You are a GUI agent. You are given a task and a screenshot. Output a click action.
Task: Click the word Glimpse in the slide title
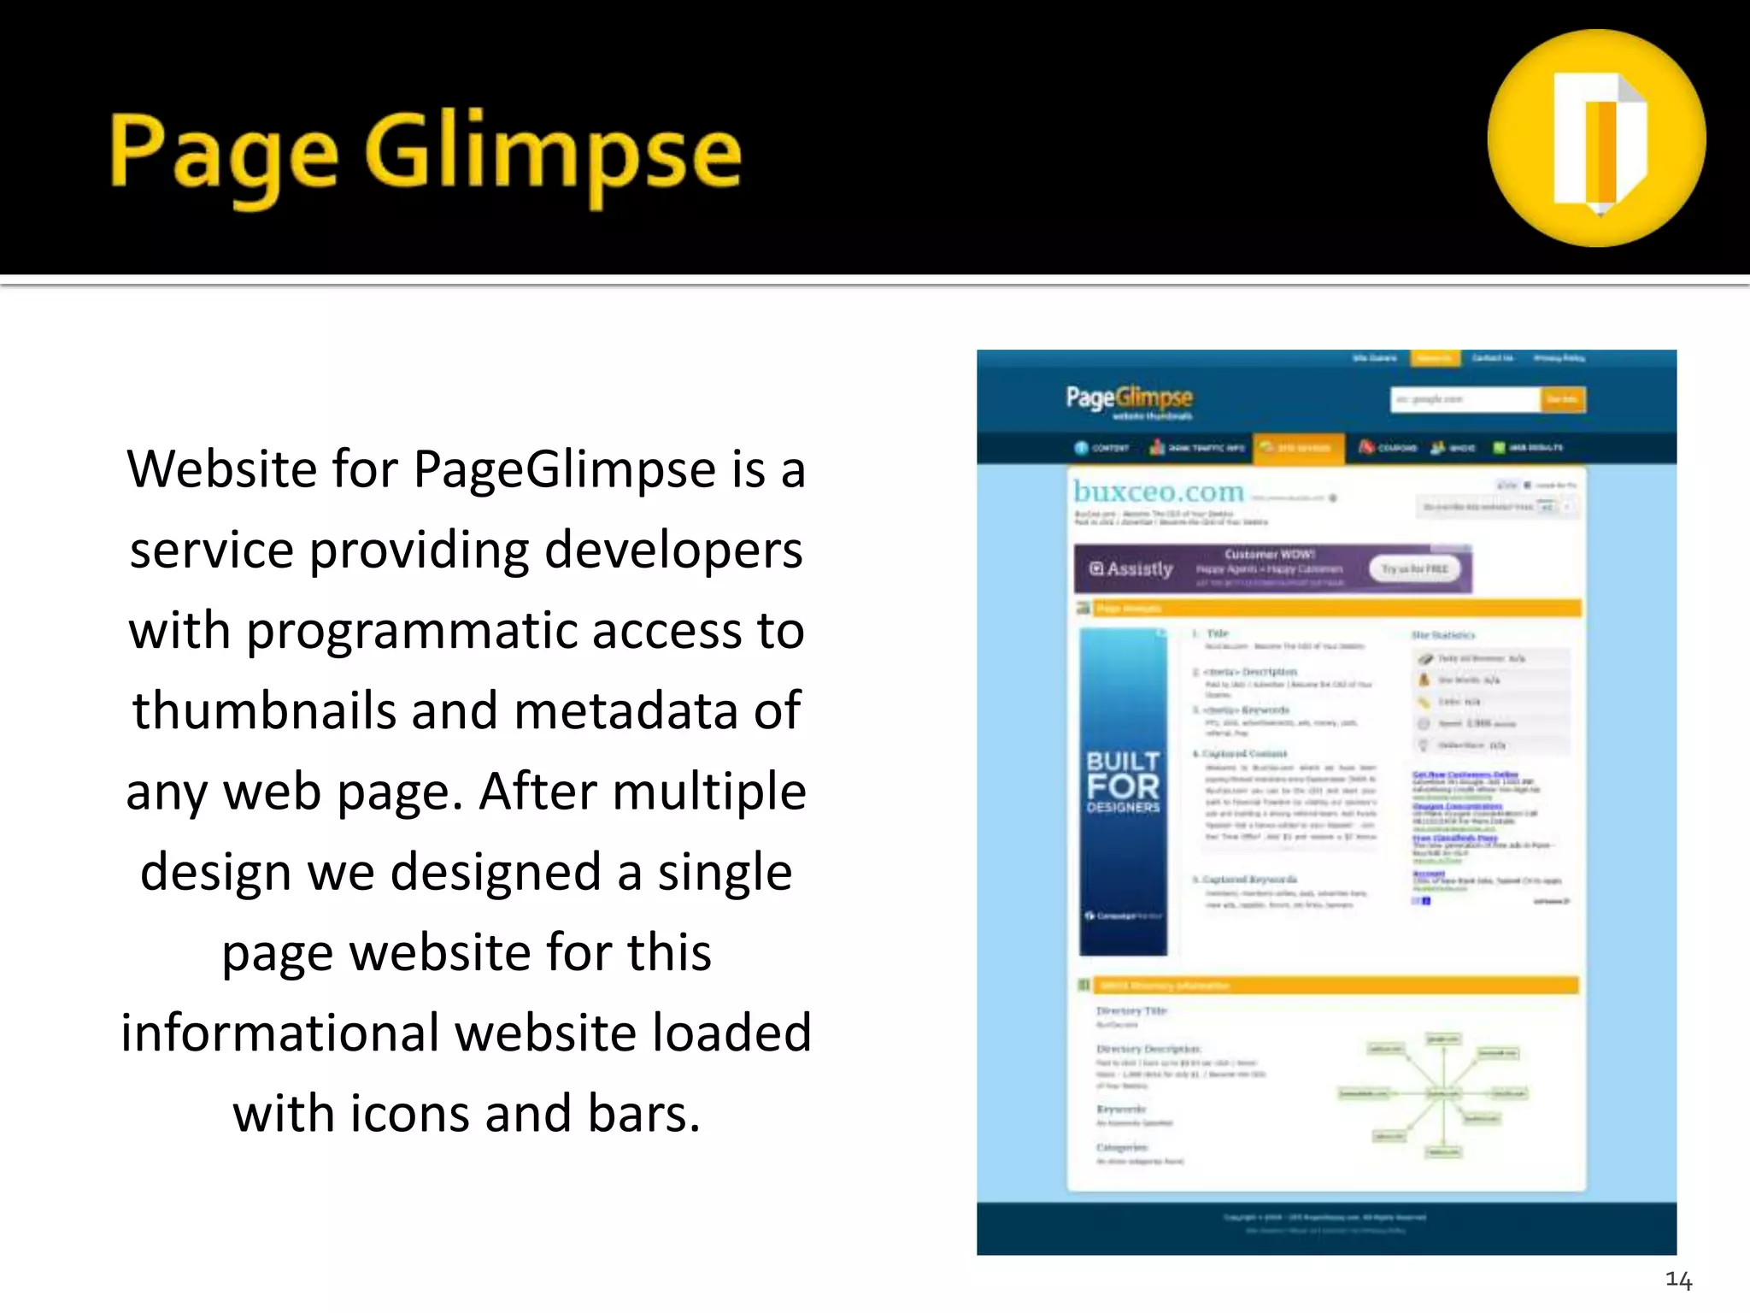[x=553, y=154]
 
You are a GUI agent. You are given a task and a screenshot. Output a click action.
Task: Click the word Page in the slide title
[x=224, y=154]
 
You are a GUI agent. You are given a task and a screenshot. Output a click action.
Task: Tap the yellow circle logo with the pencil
[x=1596, y=138]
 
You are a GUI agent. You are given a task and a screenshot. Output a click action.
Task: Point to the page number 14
[x=1678, y=1280]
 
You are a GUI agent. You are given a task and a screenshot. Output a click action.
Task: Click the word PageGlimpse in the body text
[x=565, y=469]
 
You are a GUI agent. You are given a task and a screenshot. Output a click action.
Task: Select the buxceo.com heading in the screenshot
[x=1159, y=492]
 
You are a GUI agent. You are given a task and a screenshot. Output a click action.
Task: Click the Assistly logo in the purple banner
[x=1131, y=569]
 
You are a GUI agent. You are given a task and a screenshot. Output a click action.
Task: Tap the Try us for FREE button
[x=1415, y=569]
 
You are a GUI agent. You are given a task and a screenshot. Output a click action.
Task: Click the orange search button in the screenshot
[x=1563, y=399]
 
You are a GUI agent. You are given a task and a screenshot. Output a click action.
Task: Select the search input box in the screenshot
[x=1465, y=399]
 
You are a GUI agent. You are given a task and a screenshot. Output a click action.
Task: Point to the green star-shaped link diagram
[x=1442, y=1095]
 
